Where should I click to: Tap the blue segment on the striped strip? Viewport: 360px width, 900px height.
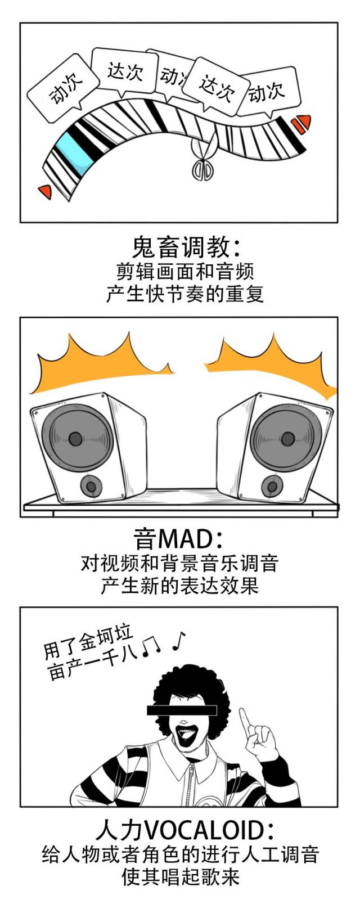(x=72, y=150)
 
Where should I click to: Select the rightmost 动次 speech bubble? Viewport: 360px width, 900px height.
(x=268, y=90)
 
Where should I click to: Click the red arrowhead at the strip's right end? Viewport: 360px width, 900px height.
(x=303, y=122)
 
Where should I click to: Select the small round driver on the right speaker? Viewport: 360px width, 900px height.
(x=272, y=485)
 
